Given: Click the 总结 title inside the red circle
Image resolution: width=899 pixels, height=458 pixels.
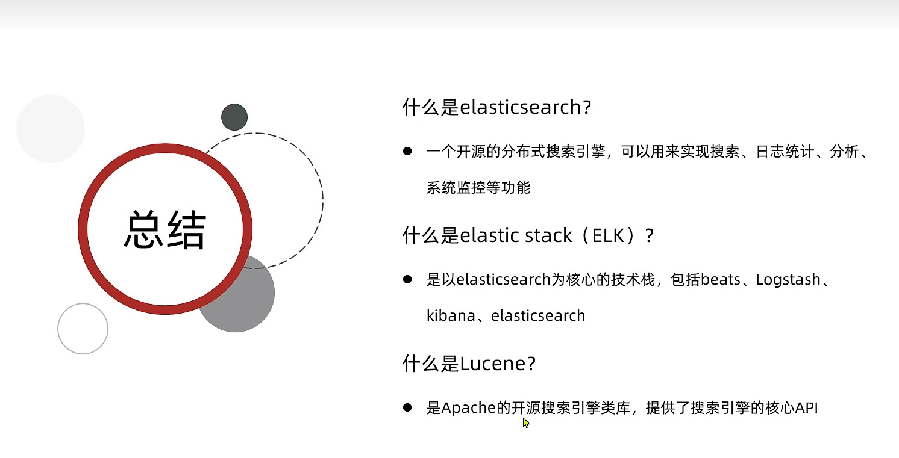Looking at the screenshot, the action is [x=165, y=229].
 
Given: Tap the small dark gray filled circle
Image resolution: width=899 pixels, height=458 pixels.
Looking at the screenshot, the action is [x=234, y=117].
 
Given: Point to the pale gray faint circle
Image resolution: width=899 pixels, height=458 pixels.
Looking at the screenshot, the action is [x=51, y=129].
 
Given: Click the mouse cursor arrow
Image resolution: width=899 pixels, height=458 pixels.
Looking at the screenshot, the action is [x=526, y=422].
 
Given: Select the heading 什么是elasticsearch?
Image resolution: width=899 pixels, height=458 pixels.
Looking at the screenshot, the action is [x=497, y=107].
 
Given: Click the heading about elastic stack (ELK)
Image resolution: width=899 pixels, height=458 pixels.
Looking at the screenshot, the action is [x=528, y=235].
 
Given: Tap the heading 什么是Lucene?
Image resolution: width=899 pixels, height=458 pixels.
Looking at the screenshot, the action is [x=469, y=364].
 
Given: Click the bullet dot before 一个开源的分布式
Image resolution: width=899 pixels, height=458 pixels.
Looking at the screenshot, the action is [x=407, y=151].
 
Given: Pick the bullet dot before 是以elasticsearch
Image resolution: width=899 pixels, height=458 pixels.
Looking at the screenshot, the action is [x=407, y=279].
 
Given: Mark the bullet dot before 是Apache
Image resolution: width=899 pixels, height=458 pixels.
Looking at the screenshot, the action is [x=407, y=407].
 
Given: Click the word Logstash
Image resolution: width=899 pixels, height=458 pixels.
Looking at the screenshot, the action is [x=788, y=280].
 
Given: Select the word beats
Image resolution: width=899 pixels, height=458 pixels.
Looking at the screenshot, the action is [x=720, y=280].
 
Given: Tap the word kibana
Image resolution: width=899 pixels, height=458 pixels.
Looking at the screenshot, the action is [x=451, y=316].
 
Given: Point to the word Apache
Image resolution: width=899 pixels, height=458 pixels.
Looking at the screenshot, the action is [x=469, y=408].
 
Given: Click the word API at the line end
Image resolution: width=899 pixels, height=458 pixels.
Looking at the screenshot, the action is [x=806, y=408].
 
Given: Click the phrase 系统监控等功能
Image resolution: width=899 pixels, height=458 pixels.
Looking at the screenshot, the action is [x=478, y=188].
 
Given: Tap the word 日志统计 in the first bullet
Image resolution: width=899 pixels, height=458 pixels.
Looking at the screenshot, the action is [x=785, y=152].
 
